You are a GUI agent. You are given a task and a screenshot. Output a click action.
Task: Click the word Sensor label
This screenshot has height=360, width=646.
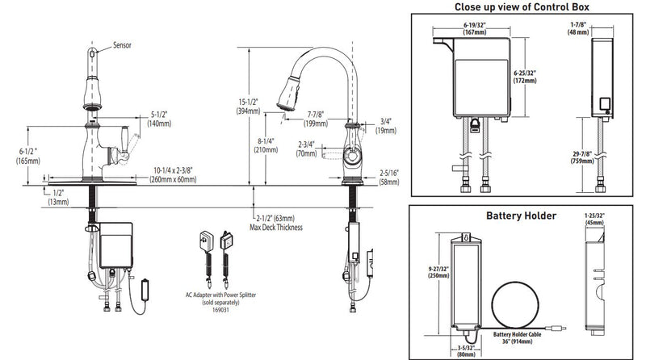(x=124, y=45)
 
